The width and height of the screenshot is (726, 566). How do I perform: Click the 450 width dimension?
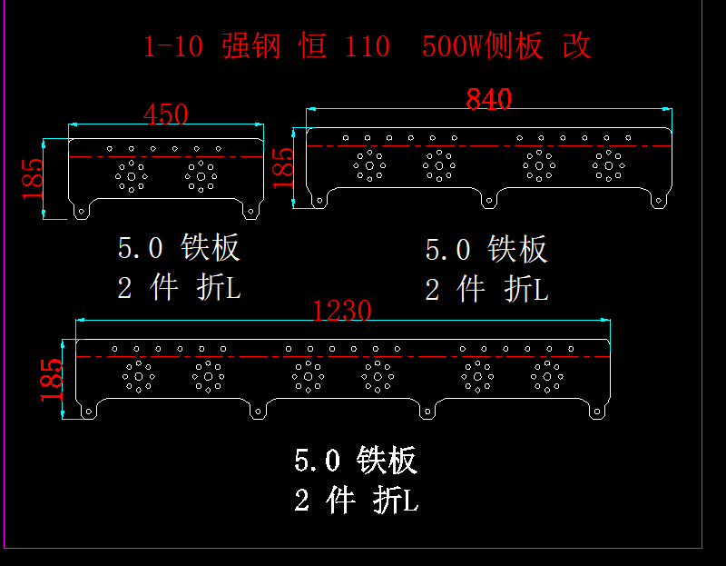[166, 114]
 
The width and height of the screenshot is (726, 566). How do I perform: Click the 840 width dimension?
[489, 98]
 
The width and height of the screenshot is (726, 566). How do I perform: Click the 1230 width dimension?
[342, 312]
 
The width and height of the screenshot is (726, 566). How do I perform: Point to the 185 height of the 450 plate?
[33, 178]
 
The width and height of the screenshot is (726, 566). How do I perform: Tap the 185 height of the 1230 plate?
[52, 379]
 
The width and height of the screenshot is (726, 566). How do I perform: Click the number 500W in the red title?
[451, 46]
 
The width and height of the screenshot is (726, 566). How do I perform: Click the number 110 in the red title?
[367, 46]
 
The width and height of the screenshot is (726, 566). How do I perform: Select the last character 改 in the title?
[577, 46]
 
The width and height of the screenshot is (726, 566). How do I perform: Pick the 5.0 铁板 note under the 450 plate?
[179, 247]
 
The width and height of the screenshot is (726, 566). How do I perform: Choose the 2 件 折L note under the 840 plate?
[486, 290]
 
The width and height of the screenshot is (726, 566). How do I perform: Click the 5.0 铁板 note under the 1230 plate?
[356, 460]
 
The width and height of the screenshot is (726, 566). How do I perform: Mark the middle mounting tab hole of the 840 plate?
[489, 197]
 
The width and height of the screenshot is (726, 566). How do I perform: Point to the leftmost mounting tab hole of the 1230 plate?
[88, 412]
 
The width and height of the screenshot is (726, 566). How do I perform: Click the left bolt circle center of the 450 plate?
[132, 175]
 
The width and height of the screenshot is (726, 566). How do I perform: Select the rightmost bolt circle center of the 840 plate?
[607, 166]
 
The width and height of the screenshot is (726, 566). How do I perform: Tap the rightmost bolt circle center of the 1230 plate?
[546, 375]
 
